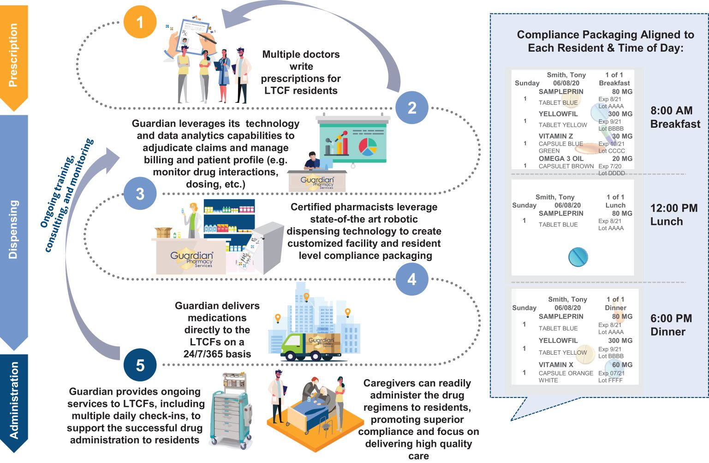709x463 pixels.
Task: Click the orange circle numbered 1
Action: point(140,22)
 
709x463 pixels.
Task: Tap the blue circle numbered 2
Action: point(412,108)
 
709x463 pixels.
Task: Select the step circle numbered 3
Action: point(140,194)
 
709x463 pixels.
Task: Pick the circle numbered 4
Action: point(412,279)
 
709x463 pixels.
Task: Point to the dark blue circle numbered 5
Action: point(140,365)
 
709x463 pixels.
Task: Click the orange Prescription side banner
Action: point(14,55)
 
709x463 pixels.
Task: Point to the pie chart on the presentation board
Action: point(368,147)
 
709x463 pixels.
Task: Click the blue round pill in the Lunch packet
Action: point(578,257)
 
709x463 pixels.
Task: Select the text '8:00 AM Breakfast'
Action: point(675,117)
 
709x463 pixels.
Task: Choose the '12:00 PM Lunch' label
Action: point(673,215)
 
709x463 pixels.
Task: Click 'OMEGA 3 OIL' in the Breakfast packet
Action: point(561,159)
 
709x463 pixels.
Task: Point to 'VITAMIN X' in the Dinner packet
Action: point(556,365)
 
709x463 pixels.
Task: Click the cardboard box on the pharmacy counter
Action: point(163,232)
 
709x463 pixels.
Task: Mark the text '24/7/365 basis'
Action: point(217,354)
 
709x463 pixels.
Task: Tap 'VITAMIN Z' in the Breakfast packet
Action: point(555,137)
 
